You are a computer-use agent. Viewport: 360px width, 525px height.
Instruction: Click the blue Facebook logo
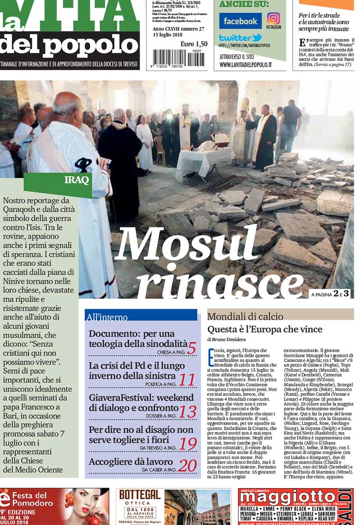[240, 21]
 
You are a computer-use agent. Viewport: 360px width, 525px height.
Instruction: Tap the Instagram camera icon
[273, 18]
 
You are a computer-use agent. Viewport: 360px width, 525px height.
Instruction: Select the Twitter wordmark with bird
[240, 38]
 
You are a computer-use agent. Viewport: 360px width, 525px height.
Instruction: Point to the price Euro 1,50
[194, 44]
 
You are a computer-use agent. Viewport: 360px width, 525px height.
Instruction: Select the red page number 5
[192, 348]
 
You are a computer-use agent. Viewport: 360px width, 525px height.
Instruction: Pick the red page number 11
[186, 380]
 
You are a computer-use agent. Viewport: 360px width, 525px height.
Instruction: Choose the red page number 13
[188, 412]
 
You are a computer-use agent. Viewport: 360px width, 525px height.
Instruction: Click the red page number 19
[188, 444]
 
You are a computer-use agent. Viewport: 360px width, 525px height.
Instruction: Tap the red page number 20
[187, 465]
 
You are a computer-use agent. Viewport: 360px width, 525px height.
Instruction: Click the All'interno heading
[107, 317]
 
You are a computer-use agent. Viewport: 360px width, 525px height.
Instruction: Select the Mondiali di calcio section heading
[245, 316]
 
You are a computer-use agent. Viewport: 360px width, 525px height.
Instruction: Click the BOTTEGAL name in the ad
[140, 495]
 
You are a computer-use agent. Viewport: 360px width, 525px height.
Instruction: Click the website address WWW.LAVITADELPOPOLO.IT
[245, 65]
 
